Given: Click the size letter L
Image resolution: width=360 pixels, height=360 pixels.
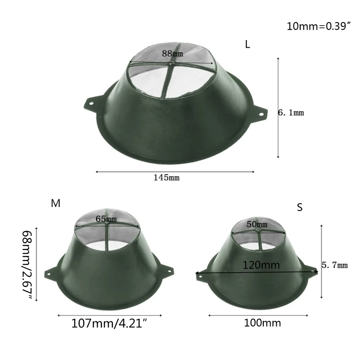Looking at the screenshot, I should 247,45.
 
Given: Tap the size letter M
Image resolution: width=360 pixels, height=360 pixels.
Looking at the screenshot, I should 56,203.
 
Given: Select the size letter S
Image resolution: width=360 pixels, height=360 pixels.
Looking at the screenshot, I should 300,207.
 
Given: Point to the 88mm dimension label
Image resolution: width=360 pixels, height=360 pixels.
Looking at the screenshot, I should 173,54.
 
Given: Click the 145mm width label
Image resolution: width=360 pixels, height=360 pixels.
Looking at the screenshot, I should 167,178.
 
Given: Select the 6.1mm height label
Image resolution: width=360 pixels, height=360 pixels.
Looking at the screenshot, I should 291,113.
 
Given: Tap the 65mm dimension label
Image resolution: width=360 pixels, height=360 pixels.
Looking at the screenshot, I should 106,219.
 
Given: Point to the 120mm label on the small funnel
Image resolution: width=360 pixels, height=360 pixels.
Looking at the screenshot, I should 261,265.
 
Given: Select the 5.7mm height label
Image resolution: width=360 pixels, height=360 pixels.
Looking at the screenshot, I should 335,265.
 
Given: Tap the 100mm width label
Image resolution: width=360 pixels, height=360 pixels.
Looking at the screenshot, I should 262,323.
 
